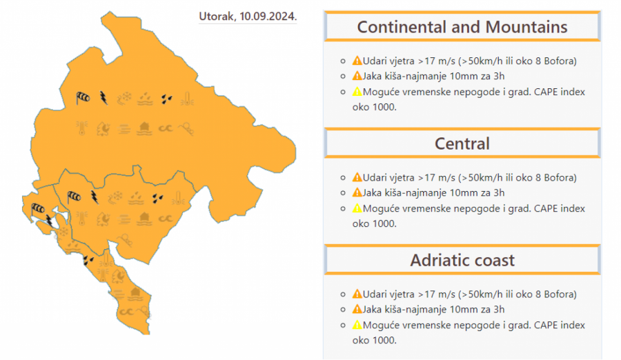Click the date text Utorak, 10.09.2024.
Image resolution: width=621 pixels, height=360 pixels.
[x=248, y=16]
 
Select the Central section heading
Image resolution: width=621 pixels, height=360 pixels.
[x=462, y=143]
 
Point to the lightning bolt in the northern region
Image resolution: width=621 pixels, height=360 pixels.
[x=103, y=97]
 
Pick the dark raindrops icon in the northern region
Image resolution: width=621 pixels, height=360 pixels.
[x=167, y=99]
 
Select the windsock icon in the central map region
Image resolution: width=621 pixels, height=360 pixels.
[x=74, y=197]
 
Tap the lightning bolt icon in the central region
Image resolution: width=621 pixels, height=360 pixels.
[x=95, y=198]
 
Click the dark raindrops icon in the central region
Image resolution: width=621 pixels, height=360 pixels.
[x=158, y=199]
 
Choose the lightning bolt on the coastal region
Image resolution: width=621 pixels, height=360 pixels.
[x=49, y=221]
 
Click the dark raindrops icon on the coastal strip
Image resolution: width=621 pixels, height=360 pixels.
[x=88, y=260]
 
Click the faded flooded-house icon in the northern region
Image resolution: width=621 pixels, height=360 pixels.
[x=145, y=128]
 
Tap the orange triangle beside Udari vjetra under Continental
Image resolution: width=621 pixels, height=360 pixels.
[x=357, y=61]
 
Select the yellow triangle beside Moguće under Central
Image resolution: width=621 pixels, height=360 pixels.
[x=357, y=208]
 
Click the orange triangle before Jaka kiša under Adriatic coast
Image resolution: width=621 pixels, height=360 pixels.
[x=357, y=309]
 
